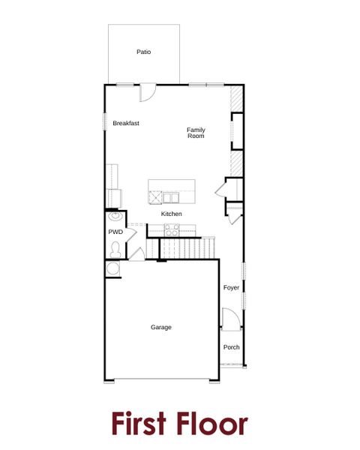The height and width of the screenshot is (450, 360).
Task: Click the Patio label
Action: click(143, 52)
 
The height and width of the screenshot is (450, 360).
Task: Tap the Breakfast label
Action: click(126, 123)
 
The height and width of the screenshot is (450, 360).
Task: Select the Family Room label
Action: click(196, 133)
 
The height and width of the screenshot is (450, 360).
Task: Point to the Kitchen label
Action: click(171, 214)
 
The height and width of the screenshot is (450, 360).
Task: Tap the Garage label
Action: click(160, 327)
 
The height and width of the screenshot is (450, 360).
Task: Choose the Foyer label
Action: click(231, 287)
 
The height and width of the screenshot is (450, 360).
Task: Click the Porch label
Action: click(231, 347)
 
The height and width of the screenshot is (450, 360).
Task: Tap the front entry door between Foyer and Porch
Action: click(230, 319)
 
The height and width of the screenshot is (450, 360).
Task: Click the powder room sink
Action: click(115, 217)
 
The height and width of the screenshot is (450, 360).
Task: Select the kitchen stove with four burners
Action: click(172, 232)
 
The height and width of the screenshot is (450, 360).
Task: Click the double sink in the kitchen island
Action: click(172, 198)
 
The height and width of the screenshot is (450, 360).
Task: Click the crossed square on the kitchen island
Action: click(155, 198)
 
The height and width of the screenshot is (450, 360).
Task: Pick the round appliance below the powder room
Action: click(114, 268)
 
